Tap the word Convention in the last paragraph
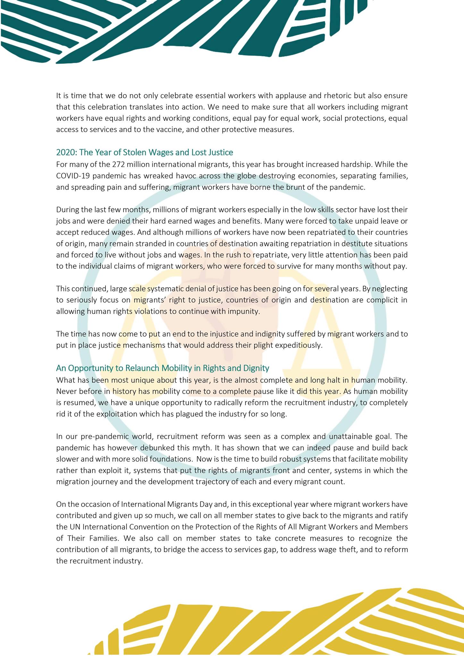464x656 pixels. pos(149,527)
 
